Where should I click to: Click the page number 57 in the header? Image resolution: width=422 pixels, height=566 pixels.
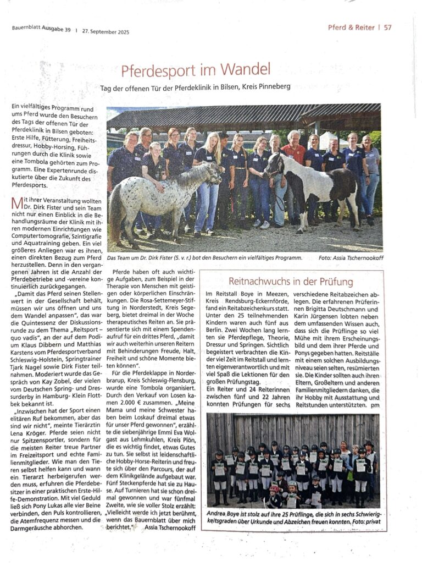(x=388, y=28)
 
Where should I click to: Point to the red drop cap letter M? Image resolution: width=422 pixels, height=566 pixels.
(x=16, y=204)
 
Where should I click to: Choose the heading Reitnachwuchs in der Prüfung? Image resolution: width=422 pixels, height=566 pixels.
(x=291, y=282)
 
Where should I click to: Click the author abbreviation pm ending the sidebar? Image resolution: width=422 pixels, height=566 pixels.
(x=375, y=404)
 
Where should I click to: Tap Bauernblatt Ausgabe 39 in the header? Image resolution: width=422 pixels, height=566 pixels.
(x=42, y=29)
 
